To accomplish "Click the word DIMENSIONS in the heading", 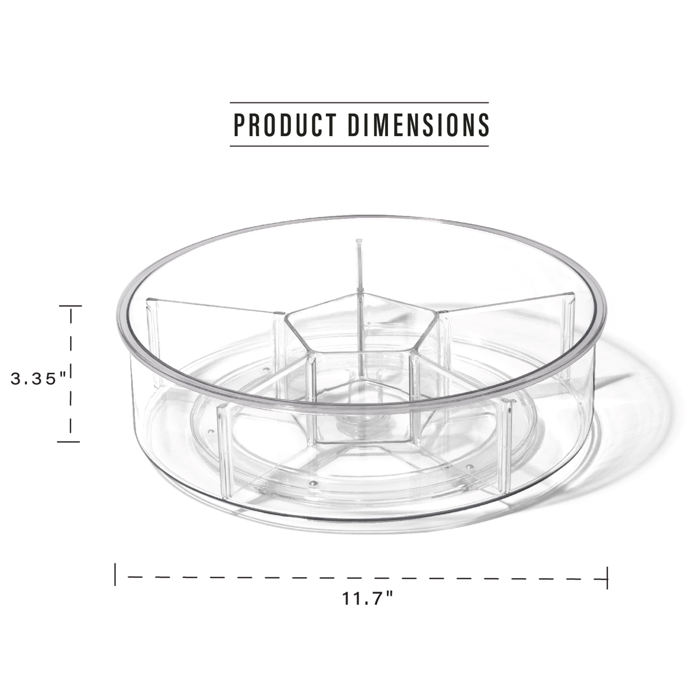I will click(418, 125).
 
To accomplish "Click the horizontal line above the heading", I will click(359, 103).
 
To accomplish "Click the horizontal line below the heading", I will click(359, 146).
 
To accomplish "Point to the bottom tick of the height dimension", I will click(68, 441).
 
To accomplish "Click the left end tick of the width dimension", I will click(115, 574).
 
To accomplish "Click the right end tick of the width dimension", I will click(607, 578).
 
